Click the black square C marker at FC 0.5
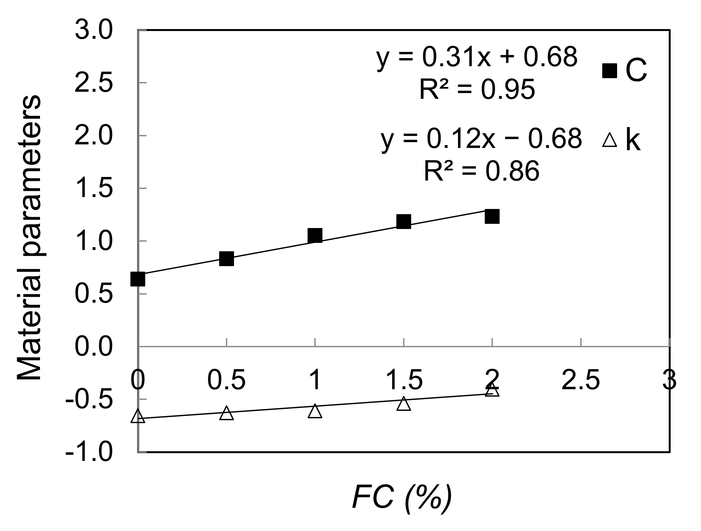(x=227, y=259)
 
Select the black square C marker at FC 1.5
(x=404, y=222)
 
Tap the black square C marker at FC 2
(x=492, y=216)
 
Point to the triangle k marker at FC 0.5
(x=227, y=413)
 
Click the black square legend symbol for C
(x=610, y=71)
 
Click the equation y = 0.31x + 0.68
(x=476, y=58)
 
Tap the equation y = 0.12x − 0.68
(x=481, y=140)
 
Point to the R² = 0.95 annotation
(x=477, y=89)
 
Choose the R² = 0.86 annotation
(x=481, y=171)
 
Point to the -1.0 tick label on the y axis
(x=89, y=452)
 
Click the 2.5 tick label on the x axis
(x=581, y=380)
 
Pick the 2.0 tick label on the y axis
(x=94, y=136)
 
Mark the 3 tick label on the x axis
(x=669, y=380)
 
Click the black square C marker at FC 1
(x=315, y=235)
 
